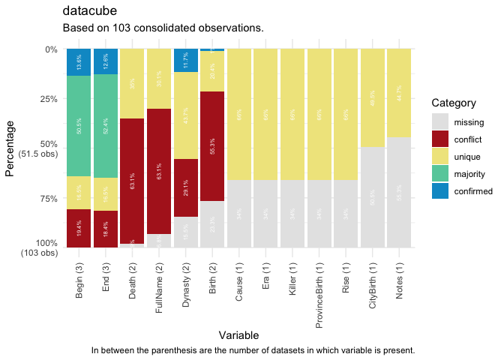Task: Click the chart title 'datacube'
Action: click(89, 11)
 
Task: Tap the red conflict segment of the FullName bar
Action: click(159, 171)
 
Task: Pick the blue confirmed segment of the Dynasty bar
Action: click(186, 61)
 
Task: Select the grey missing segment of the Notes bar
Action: click(399, 192)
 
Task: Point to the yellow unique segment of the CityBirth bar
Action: click(373, 97)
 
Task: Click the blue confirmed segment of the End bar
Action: click(106, 61)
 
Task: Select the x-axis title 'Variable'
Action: click(239, 334)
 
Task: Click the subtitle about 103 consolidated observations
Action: click(163, 28)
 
